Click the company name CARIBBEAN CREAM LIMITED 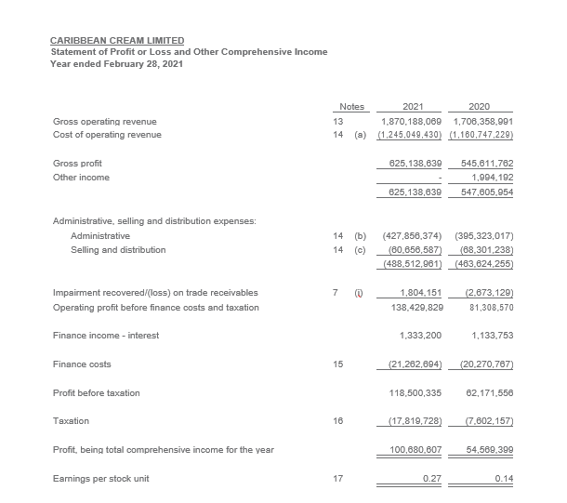click(x=117, y=41)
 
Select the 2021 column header click(x=414, y=107)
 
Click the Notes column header click(x=352, y=107)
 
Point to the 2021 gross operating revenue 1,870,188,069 click(x=412, y=122)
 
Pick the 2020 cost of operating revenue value click(x=481, y=135)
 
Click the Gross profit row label click(x=78, y=163)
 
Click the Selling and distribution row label click(x=118, y=249)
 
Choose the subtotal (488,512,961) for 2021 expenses click(x=410, y=263)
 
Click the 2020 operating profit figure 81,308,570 click(x=485, y=307)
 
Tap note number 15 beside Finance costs click(x=338, y=364)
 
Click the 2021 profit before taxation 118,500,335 click(x=416, y=393)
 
